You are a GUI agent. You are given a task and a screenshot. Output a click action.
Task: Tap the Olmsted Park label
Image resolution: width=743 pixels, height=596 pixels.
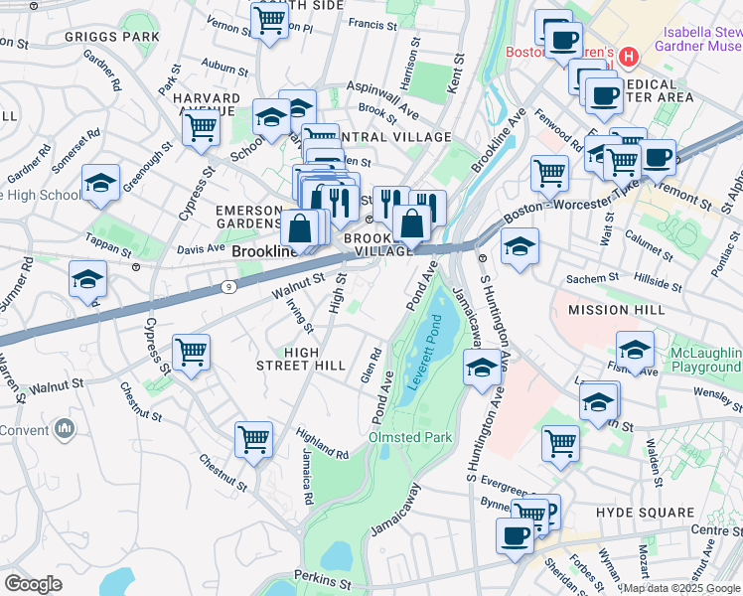[x=410, y=437]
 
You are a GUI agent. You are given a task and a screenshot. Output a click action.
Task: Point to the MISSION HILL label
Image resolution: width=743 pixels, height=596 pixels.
[x=614, y=310]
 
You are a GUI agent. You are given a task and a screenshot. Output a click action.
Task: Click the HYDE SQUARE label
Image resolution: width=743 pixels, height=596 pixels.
[x=645, y=513]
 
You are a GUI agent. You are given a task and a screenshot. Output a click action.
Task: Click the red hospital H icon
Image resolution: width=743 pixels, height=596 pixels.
[x=627, y=58]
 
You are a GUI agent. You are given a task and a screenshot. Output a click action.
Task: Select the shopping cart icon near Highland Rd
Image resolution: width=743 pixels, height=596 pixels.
[x=254, y=438]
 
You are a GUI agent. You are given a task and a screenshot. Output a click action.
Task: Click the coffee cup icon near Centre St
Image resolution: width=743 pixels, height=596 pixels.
[x=515, y=535]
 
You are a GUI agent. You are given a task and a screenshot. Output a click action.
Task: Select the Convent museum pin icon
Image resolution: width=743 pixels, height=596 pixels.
[x=66, y=430]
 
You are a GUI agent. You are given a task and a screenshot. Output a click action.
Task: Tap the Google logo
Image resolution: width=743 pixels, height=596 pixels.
[x=33, y=584]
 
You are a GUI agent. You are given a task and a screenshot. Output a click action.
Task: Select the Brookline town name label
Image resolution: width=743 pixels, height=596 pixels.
[x=264, y=252]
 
